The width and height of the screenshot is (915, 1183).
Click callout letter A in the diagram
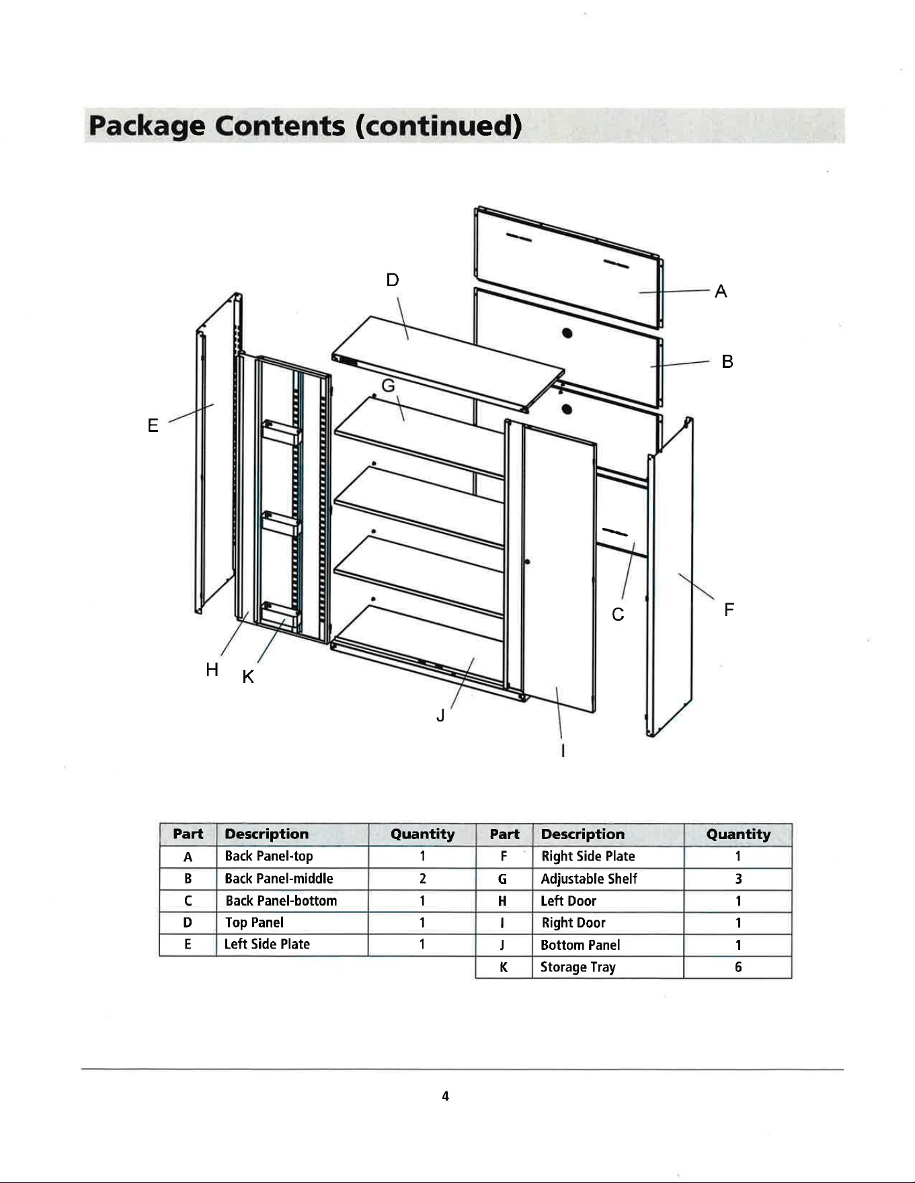point(721,292)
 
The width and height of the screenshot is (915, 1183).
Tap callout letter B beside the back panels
point(727,362)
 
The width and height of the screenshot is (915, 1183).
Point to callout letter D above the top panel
point(393,280)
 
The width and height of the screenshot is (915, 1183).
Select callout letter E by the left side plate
point(153,425)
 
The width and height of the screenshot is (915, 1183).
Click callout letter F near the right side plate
point(729,610)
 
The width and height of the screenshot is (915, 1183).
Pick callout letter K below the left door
point(248,677)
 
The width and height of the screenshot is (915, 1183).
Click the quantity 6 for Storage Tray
point(738,967)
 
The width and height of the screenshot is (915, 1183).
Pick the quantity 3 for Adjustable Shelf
point(738,879)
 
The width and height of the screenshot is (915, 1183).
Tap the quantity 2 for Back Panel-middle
point(422,879)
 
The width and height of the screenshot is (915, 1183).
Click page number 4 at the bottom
point(445,1096)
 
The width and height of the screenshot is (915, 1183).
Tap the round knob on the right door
point(527,562)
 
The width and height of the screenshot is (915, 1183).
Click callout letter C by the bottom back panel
point(618,615)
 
